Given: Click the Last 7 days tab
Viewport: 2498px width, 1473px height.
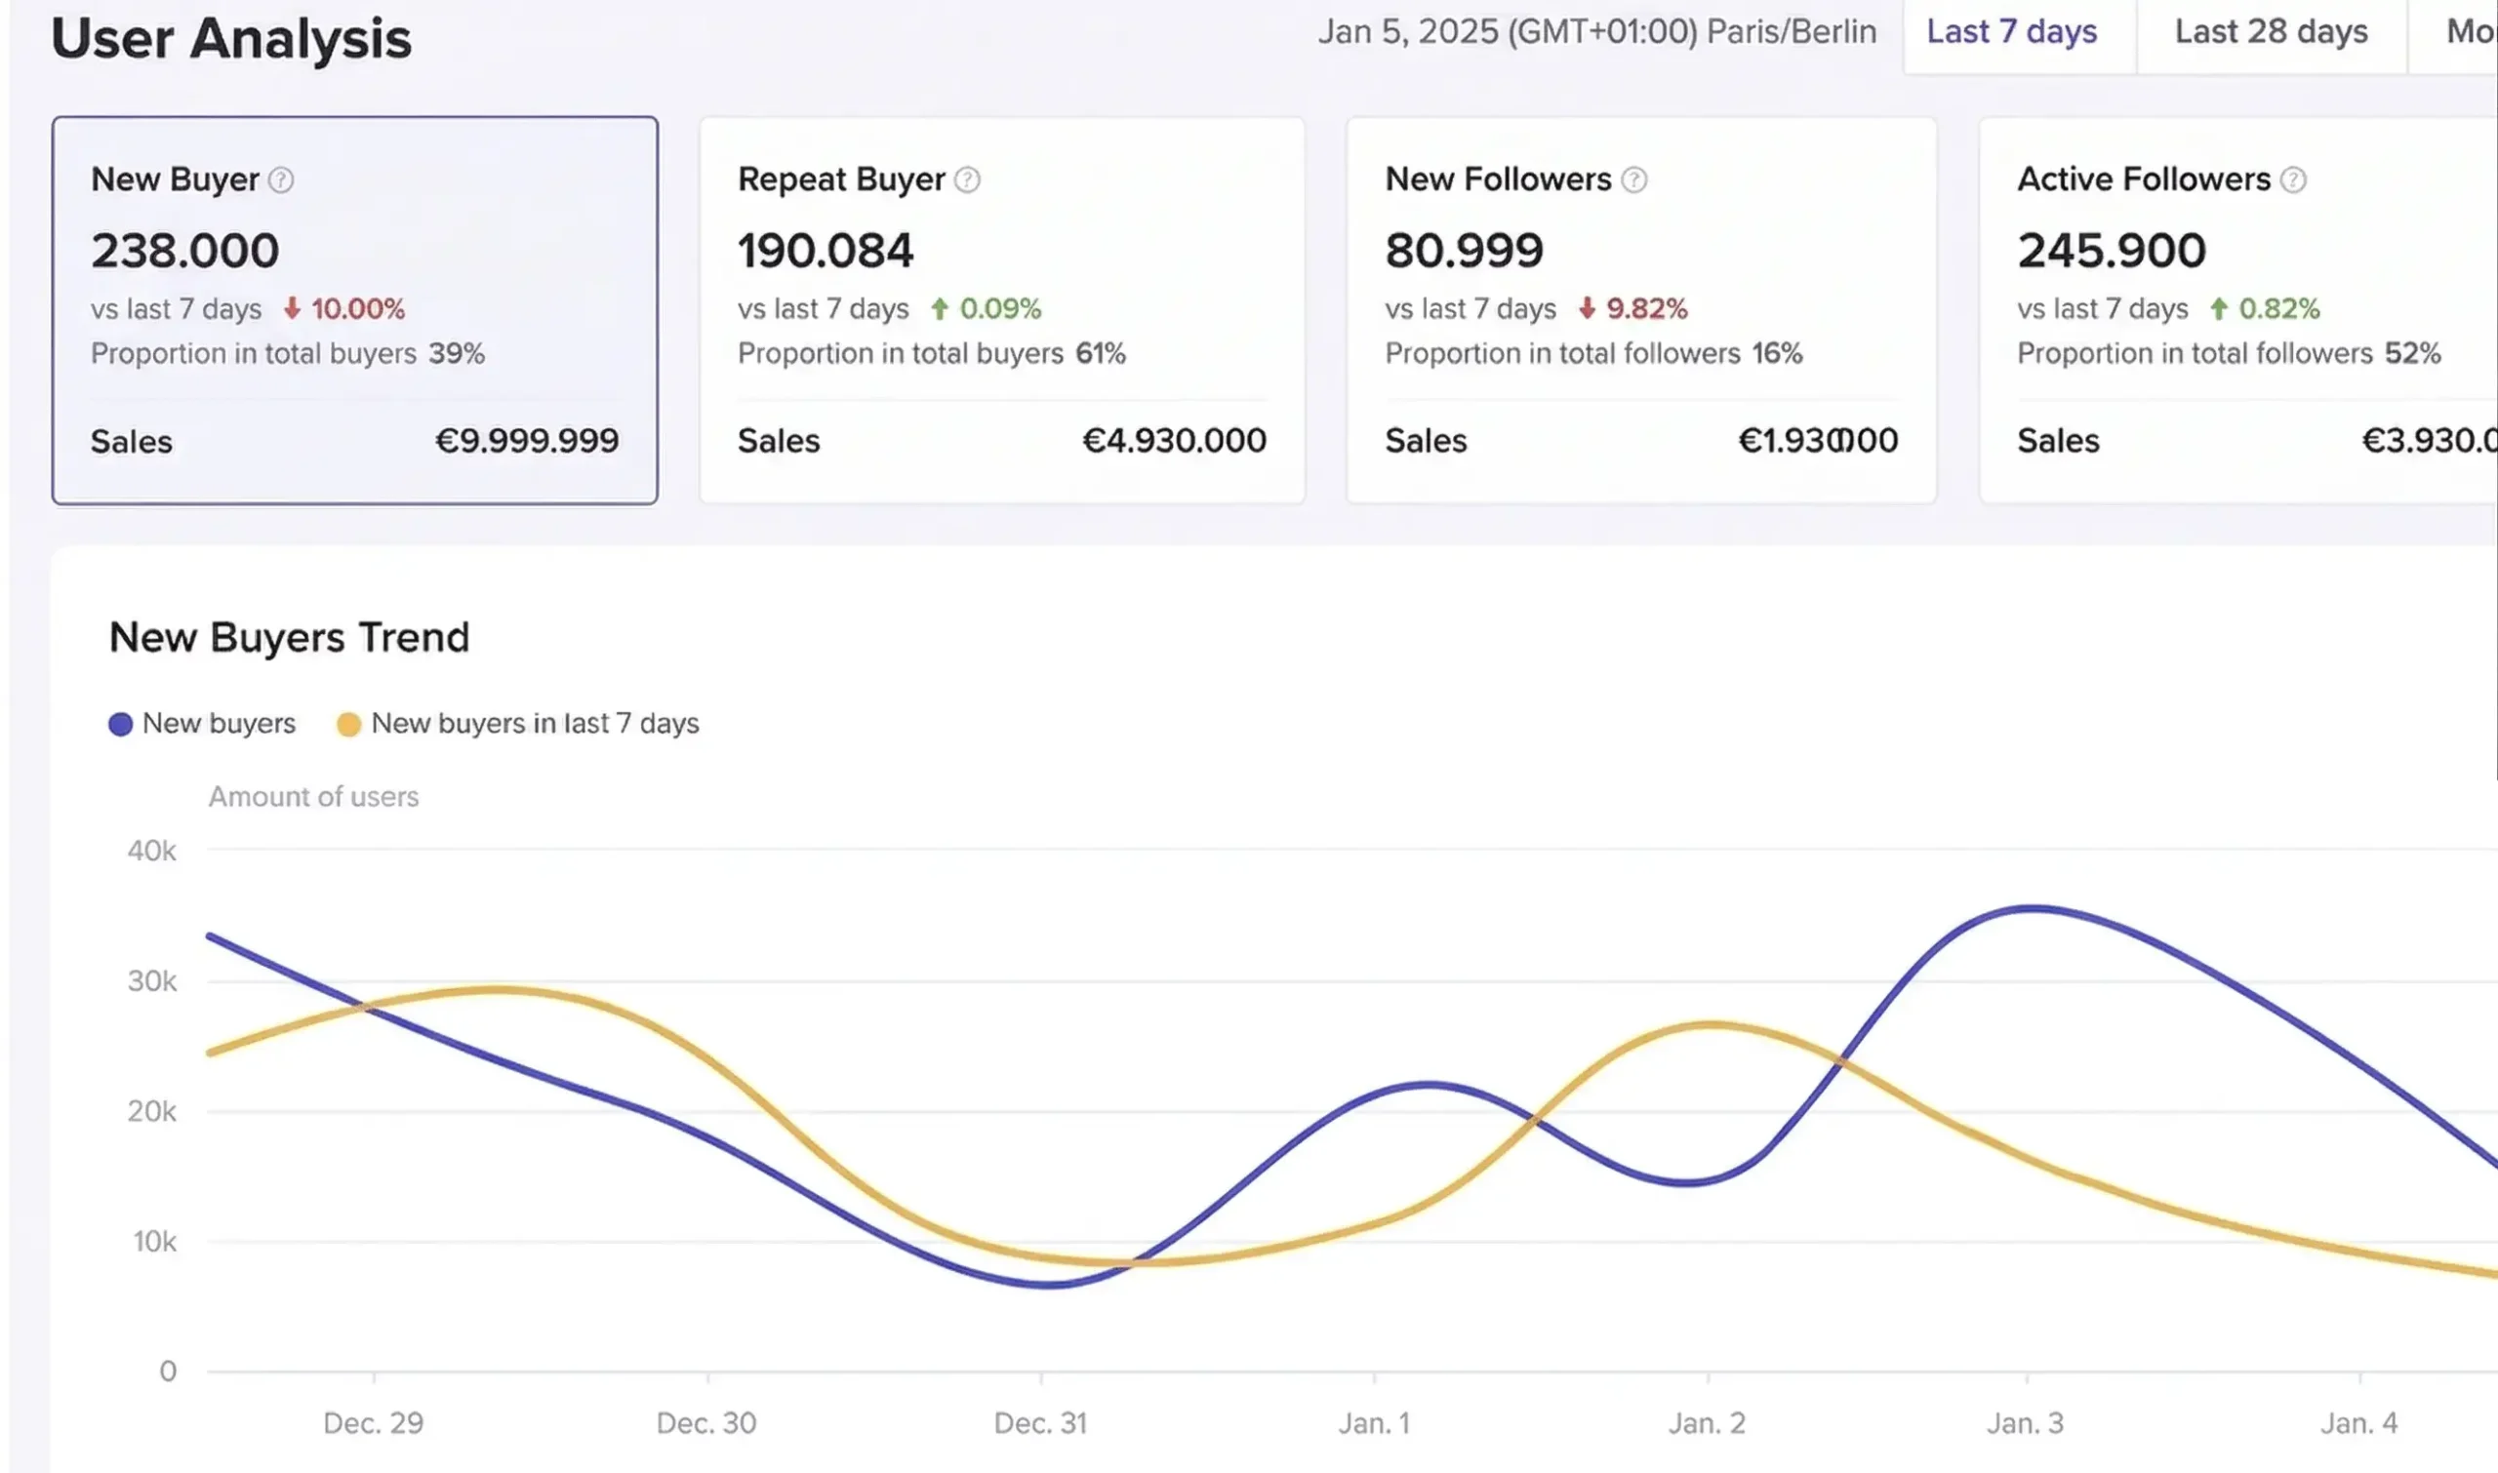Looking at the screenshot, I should click(2011, 32).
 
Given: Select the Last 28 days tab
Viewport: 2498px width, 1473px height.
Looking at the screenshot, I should click(2271, 32).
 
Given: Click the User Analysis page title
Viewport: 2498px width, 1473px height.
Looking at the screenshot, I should click(231, 39).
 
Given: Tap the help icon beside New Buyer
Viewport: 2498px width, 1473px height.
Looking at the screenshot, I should click(281, 179).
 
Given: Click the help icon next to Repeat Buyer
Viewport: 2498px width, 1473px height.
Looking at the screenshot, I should click(967, 179).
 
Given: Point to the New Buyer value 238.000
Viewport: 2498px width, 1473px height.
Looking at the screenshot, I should click(185, 250).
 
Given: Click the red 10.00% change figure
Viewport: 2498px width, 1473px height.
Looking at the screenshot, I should click(357, 308).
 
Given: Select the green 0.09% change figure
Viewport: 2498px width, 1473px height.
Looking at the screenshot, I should click(1000, 308).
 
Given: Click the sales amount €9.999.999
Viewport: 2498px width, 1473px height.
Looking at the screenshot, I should click(527, 441).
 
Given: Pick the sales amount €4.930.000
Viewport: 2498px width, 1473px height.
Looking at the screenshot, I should click(1174, 441).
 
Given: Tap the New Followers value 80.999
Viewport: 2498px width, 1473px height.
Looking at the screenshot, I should click(1464, 250).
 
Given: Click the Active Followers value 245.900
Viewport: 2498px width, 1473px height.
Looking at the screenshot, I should click(2111, 250).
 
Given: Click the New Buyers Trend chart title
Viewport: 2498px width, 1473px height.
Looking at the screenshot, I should click(289, 637).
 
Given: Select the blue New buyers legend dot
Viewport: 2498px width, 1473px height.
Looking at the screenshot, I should click(120, 725).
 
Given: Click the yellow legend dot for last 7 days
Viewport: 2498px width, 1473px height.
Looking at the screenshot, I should click(348, 725).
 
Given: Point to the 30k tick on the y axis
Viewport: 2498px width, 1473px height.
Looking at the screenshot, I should click(152, 981).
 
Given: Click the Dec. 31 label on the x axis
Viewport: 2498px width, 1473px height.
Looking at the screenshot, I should click(1040, 1423).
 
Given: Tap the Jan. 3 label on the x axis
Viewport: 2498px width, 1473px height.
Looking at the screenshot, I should click(2026, 1423).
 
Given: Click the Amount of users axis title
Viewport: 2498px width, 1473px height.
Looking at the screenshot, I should click(314, 797).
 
